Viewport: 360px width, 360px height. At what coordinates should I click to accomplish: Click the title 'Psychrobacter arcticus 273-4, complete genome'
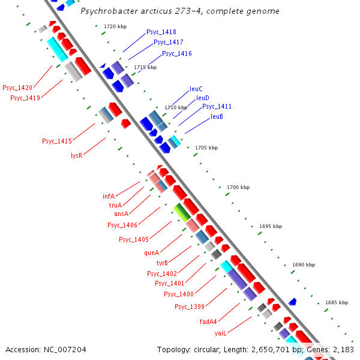pos(180,11)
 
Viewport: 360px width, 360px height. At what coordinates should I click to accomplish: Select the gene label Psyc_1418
pos(161,32)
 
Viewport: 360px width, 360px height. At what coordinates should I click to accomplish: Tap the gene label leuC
pos(196,89)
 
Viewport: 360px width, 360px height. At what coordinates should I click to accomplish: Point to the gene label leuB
pos(217,116)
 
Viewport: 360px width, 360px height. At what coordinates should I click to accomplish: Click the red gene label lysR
pos(76,155)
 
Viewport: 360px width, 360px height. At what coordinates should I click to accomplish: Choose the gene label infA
pos(109,196)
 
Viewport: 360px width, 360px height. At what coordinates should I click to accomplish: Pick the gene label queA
pos(152,253)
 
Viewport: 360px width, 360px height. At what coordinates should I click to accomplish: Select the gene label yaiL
pos(220,332)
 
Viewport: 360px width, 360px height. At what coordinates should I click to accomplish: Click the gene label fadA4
pos(208,321)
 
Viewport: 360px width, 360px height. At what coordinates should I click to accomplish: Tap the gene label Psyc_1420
pos(17,88)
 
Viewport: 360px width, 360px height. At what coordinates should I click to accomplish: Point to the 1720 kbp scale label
pos(115,27)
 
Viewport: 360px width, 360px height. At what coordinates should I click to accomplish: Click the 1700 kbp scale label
pos(238,188)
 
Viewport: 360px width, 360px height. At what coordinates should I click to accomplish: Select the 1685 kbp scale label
pos(336,303)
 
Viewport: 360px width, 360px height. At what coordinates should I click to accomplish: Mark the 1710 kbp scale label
pos(176,107)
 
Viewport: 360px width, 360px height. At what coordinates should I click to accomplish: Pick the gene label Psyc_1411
pos(217,106)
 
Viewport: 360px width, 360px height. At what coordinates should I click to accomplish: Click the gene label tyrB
pos(162,263)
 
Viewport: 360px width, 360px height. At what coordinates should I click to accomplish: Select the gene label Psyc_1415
pos(57,142)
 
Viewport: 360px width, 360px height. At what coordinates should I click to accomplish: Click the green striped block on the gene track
pos(182,212)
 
